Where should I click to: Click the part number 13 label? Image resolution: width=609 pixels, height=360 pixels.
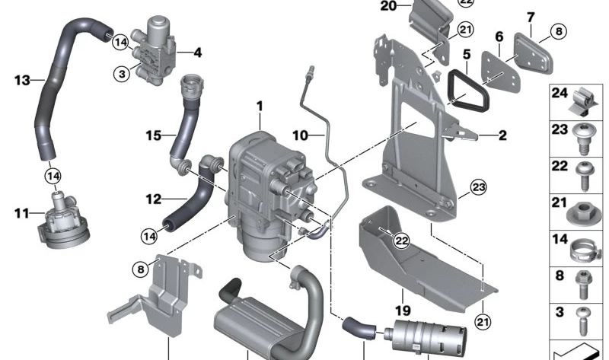pyautogui.click(x=21, y=79)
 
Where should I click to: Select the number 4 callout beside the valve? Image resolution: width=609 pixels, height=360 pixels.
pyautogui.click(x=197, y=53)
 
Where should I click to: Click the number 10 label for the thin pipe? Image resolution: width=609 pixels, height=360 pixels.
pyautogui.click(x=300, y=135)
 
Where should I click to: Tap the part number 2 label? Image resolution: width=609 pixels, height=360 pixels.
pyautogui.click(x=502, y=137)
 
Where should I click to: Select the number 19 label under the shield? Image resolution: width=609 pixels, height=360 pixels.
pyautogui.click(x=403, y=311)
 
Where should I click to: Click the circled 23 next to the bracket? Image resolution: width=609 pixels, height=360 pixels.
pyautogui.click(x=477, y=186)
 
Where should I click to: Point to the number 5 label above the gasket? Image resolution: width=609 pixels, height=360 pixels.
pyautogui.click(x=467, y=55)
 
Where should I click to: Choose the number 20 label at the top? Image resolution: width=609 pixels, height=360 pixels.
pyautogui.click(x=388, y=6)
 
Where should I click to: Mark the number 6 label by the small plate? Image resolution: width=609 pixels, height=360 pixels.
pyautogui.click(x=499, y=37)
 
